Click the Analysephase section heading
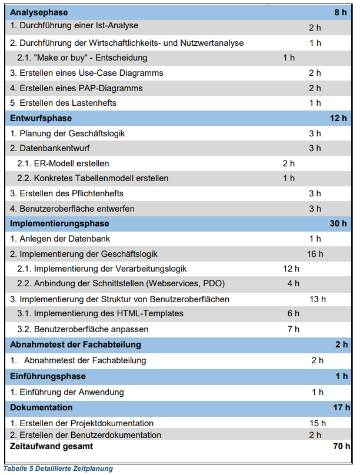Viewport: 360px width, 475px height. tap(39, 12)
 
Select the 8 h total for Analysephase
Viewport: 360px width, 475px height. tap(341, 12)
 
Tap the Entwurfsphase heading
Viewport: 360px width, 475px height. tap(41, 118)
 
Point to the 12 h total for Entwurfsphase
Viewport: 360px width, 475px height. tap(338, 118)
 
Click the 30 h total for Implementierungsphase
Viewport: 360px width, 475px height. tap(338, 223)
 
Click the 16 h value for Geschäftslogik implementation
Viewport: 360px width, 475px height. tap(315, 254)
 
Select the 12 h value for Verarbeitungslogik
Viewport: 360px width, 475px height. tap(291, 269)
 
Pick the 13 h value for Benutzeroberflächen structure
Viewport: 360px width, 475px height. tap(317, 299)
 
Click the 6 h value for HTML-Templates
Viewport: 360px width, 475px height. tap(293, 313)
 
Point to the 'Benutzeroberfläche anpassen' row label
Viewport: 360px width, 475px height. tap(91, 329)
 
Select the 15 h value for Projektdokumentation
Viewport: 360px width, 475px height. tap(318, 423)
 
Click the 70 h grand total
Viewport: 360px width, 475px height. tap(341, 447)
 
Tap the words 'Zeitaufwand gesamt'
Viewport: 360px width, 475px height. tap(51, 447)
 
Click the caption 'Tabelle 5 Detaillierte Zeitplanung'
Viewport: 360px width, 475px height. tap(57, 469)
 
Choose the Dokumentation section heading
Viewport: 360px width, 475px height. tap(41, 407)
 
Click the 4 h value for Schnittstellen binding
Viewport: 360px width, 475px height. tap(293, 283)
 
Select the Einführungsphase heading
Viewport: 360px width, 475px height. tap(48, 376)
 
